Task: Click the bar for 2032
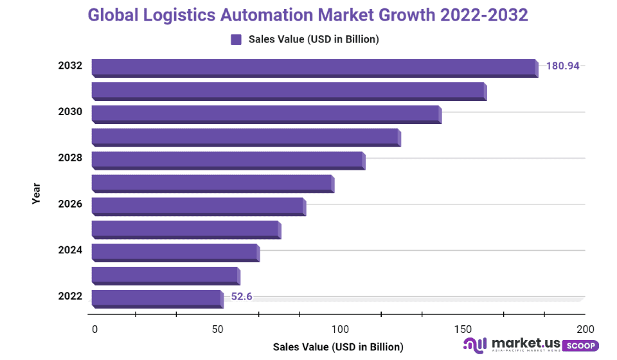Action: pyautogui.click(x=314, y=67)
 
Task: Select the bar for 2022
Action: pyautogui.click(x=157, y=298)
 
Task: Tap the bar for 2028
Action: pyautogui.click(x=228, y=160)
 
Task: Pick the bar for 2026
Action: pyautogui.click(x=199, y=206)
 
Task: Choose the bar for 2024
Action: pyautogui.click(x=175, y=252)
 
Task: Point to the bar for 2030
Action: pyautogui.click(x=266, y=114)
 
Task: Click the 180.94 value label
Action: pyautogui.click(x=563, y=66)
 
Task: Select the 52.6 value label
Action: pyautogui.click(x=242, y=296)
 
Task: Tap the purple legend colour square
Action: pyautogui.click(x=236, y=39)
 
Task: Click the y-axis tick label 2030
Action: pyautogui.click(x=70, y=112)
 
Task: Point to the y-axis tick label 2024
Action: pyautogui.click(x=70, y=250)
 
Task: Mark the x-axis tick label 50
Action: pyautogui.click(x=218, y=329)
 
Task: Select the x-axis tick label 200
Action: pyautogui.click(x=586, y=329)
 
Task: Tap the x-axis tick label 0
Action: pyautogui.click(x=95, y=329)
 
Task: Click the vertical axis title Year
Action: pyautogui.click(x=37, y=194)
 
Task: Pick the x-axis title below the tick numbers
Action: pyautogui.click(x=338, y=347)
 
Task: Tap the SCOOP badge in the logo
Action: pyautogui.click(x=580, y=346)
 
